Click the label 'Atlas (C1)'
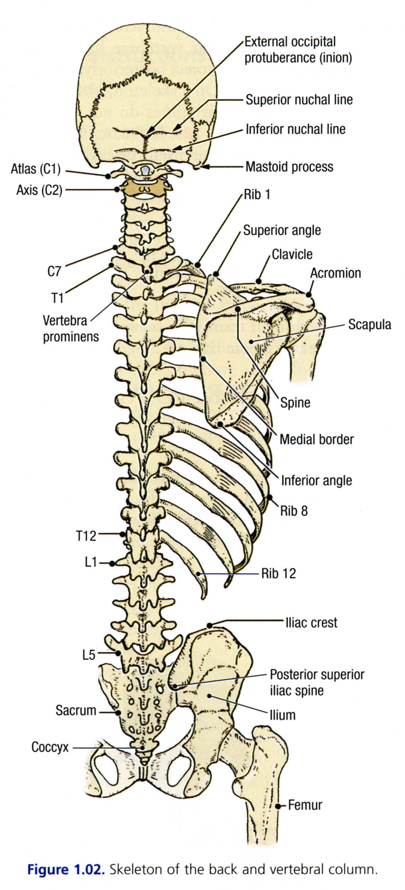tap(36, 169)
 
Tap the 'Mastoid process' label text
tap(289, 166)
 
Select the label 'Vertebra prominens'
tap(70, 328)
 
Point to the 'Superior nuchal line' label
tap(299, 100)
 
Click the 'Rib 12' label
tap(278, 573)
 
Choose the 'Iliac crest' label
tap(311, 622)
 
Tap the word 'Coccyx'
tap(50, 747)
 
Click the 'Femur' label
tap(305, 805)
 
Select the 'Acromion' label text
tap(335, 273)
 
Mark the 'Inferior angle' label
tap(316, 480)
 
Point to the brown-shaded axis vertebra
tap(145, 187)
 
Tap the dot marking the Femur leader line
tap(278, 806)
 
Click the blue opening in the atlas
tap(146, 171)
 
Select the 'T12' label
tap(86, 535)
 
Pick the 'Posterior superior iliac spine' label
tap(317, 682)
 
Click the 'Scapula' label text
tap(369, 324)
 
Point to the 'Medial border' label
tap(317, 439)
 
